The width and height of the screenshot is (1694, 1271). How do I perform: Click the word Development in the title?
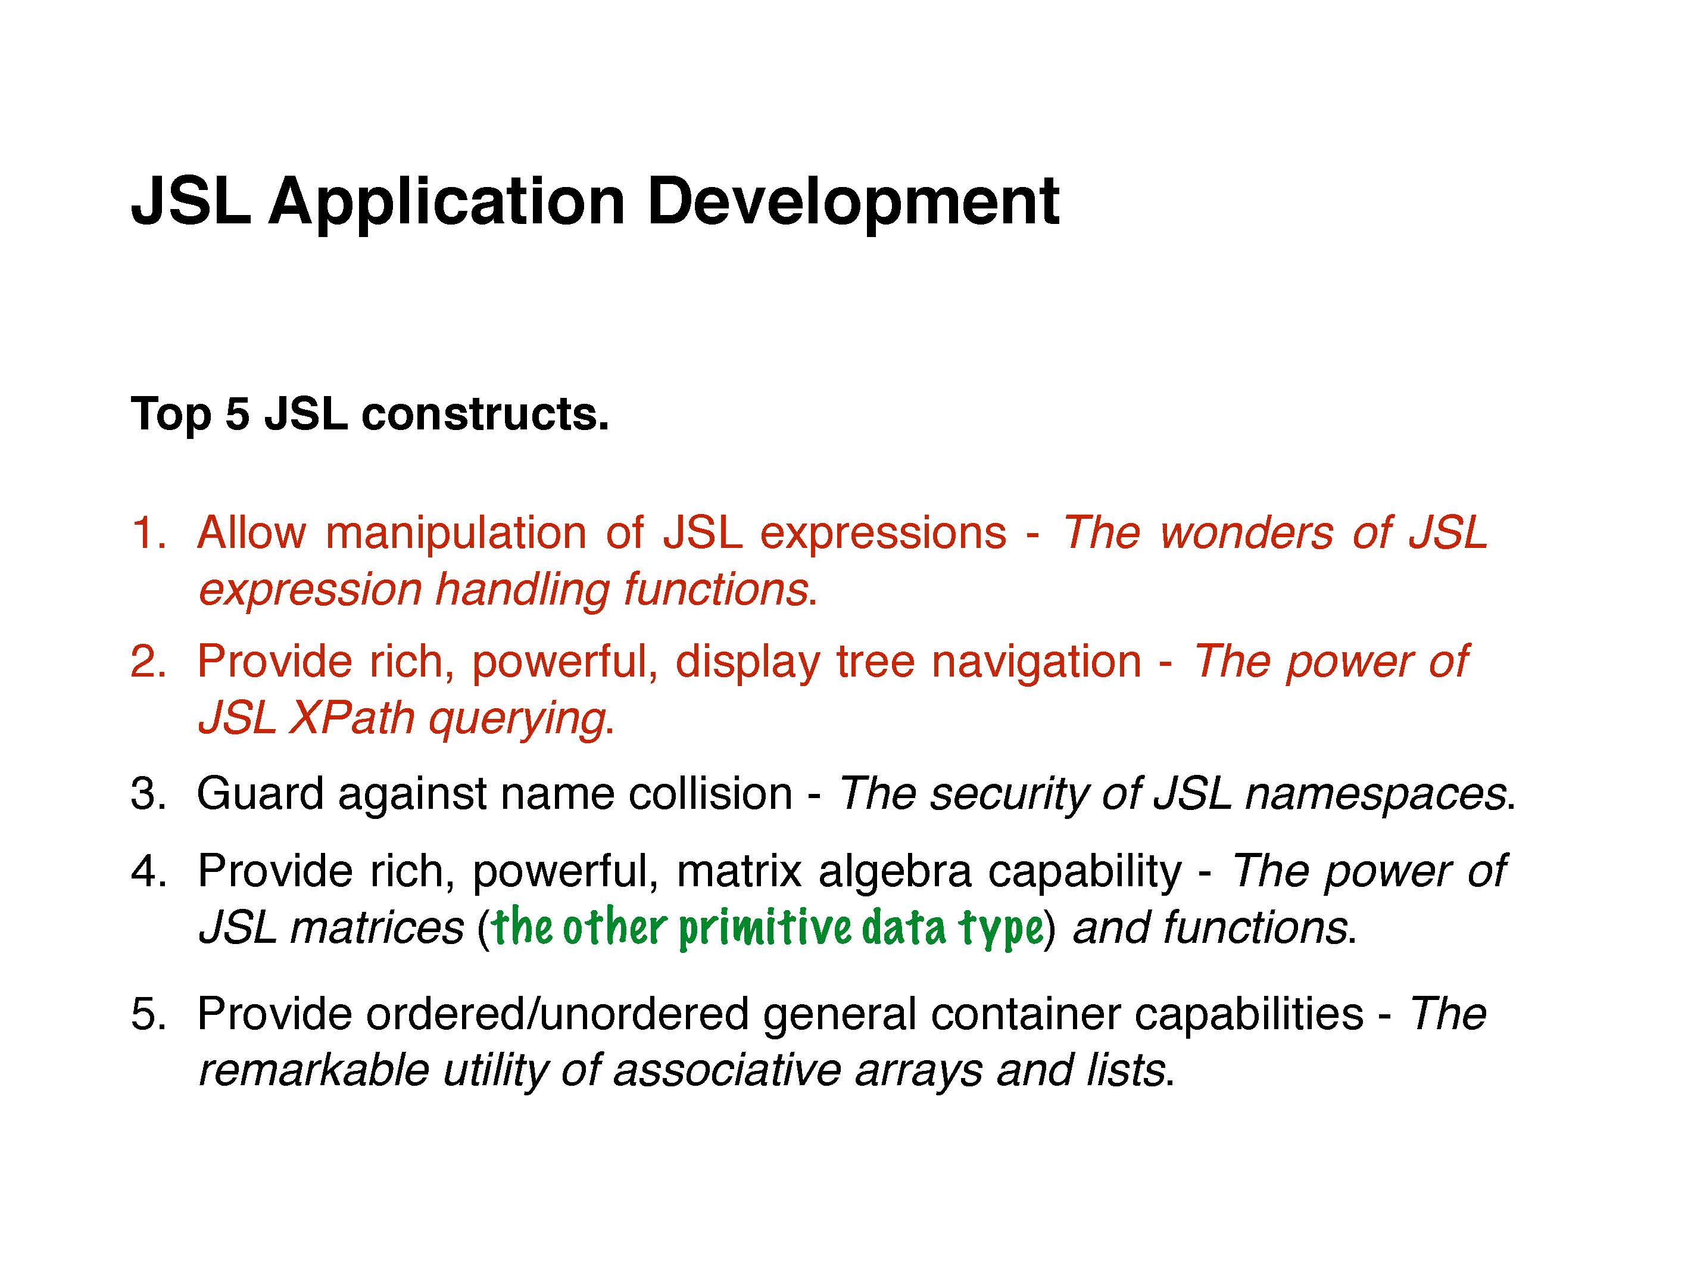point(853,203)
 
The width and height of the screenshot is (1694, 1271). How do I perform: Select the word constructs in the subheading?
point(485,415)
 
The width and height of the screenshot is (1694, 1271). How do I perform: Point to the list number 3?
point(148,793)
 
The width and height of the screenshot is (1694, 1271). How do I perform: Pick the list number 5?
point(148,1014)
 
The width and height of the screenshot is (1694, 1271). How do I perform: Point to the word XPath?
point(351,719)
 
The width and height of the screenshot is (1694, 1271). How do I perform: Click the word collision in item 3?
point(711,793)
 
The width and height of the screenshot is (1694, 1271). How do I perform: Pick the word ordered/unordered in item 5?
point(557,1014)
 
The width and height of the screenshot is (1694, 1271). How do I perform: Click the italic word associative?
point(728,1070)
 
